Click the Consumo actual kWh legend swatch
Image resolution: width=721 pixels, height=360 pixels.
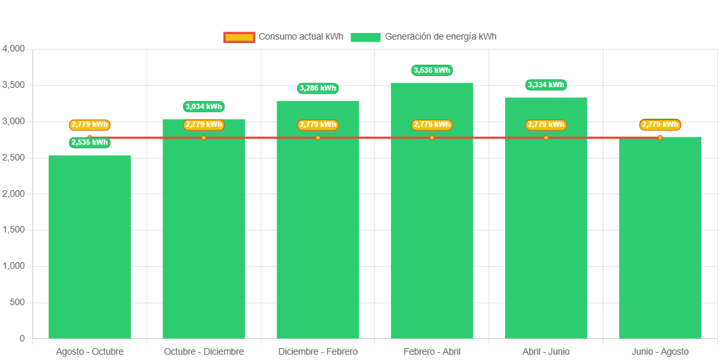239,37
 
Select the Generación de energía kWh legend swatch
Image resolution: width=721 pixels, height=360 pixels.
365,37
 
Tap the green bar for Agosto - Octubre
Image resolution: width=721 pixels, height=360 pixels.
90,251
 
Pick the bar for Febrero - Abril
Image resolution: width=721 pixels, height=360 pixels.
432,218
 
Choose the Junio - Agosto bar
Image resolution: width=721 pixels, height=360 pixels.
660,244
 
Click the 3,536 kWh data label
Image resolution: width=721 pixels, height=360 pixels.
432,70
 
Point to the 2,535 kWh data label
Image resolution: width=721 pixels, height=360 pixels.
90,143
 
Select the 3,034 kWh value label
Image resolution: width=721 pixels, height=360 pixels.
204,106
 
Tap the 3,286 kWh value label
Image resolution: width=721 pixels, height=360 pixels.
318,88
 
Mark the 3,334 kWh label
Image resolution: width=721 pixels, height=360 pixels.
546,85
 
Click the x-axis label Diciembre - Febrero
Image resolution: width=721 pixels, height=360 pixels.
318,351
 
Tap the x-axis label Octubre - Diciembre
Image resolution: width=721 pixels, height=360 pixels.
204,351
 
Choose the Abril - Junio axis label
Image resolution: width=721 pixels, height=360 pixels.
546,351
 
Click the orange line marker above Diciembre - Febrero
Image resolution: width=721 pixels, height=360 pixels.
318,137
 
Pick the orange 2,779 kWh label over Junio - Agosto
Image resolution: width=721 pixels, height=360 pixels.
660,124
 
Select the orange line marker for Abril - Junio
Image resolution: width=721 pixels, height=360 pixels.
546,137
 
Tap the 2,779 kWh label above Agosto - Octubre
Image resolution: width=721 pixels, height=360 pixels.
90,124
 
